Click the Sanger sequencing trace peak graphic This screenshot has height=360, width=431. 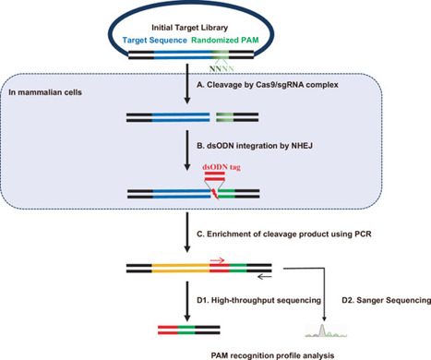(326, 327)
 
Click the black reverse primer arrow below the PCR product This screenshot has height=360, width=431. (269, 276)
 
